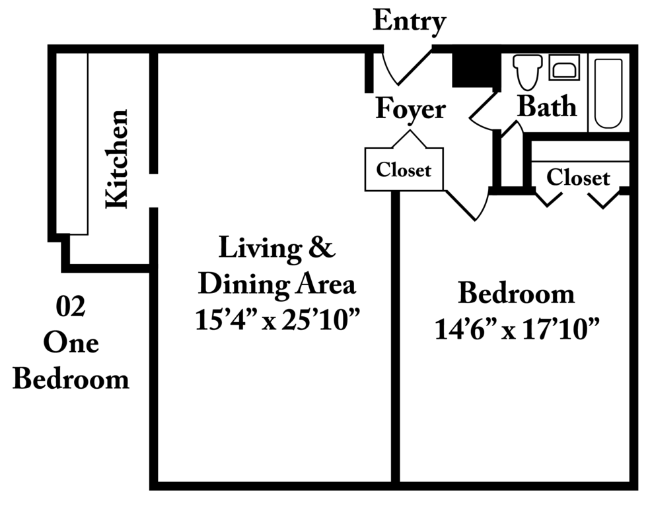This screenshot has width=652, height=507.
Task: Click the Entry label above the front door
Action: point(409,20)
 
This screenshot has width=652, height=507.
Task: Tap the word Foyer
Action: point(410,109)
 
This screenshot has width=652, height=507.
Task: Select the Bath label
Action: point(547,106)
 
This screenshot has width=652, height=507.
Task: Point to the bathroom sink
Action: point(564,67)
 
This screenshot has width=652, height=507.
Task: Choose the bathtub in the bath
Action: point(608,94)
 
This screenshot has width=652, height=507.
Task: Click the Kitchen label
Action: point(117,158)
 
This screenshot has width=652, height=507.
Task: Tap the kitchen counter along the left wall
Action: point(72,143)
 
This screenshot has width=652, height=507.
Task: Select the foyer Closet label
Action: point(404,170)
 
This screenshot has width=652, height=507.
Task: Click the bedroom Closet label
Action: point(578,178)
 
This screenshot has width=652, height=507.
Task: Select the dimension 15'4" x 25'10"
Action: point(277,320)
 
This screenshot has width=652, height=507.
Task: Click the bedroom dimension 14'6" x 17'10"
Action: point(517,329)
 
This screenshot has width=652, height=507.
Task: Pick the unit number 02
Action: point(71,307)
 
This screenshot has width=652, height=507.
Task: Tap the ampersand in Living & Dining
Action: point(322,248)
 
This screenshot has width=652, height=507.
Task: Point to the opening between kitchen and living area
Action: point(153,191)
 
